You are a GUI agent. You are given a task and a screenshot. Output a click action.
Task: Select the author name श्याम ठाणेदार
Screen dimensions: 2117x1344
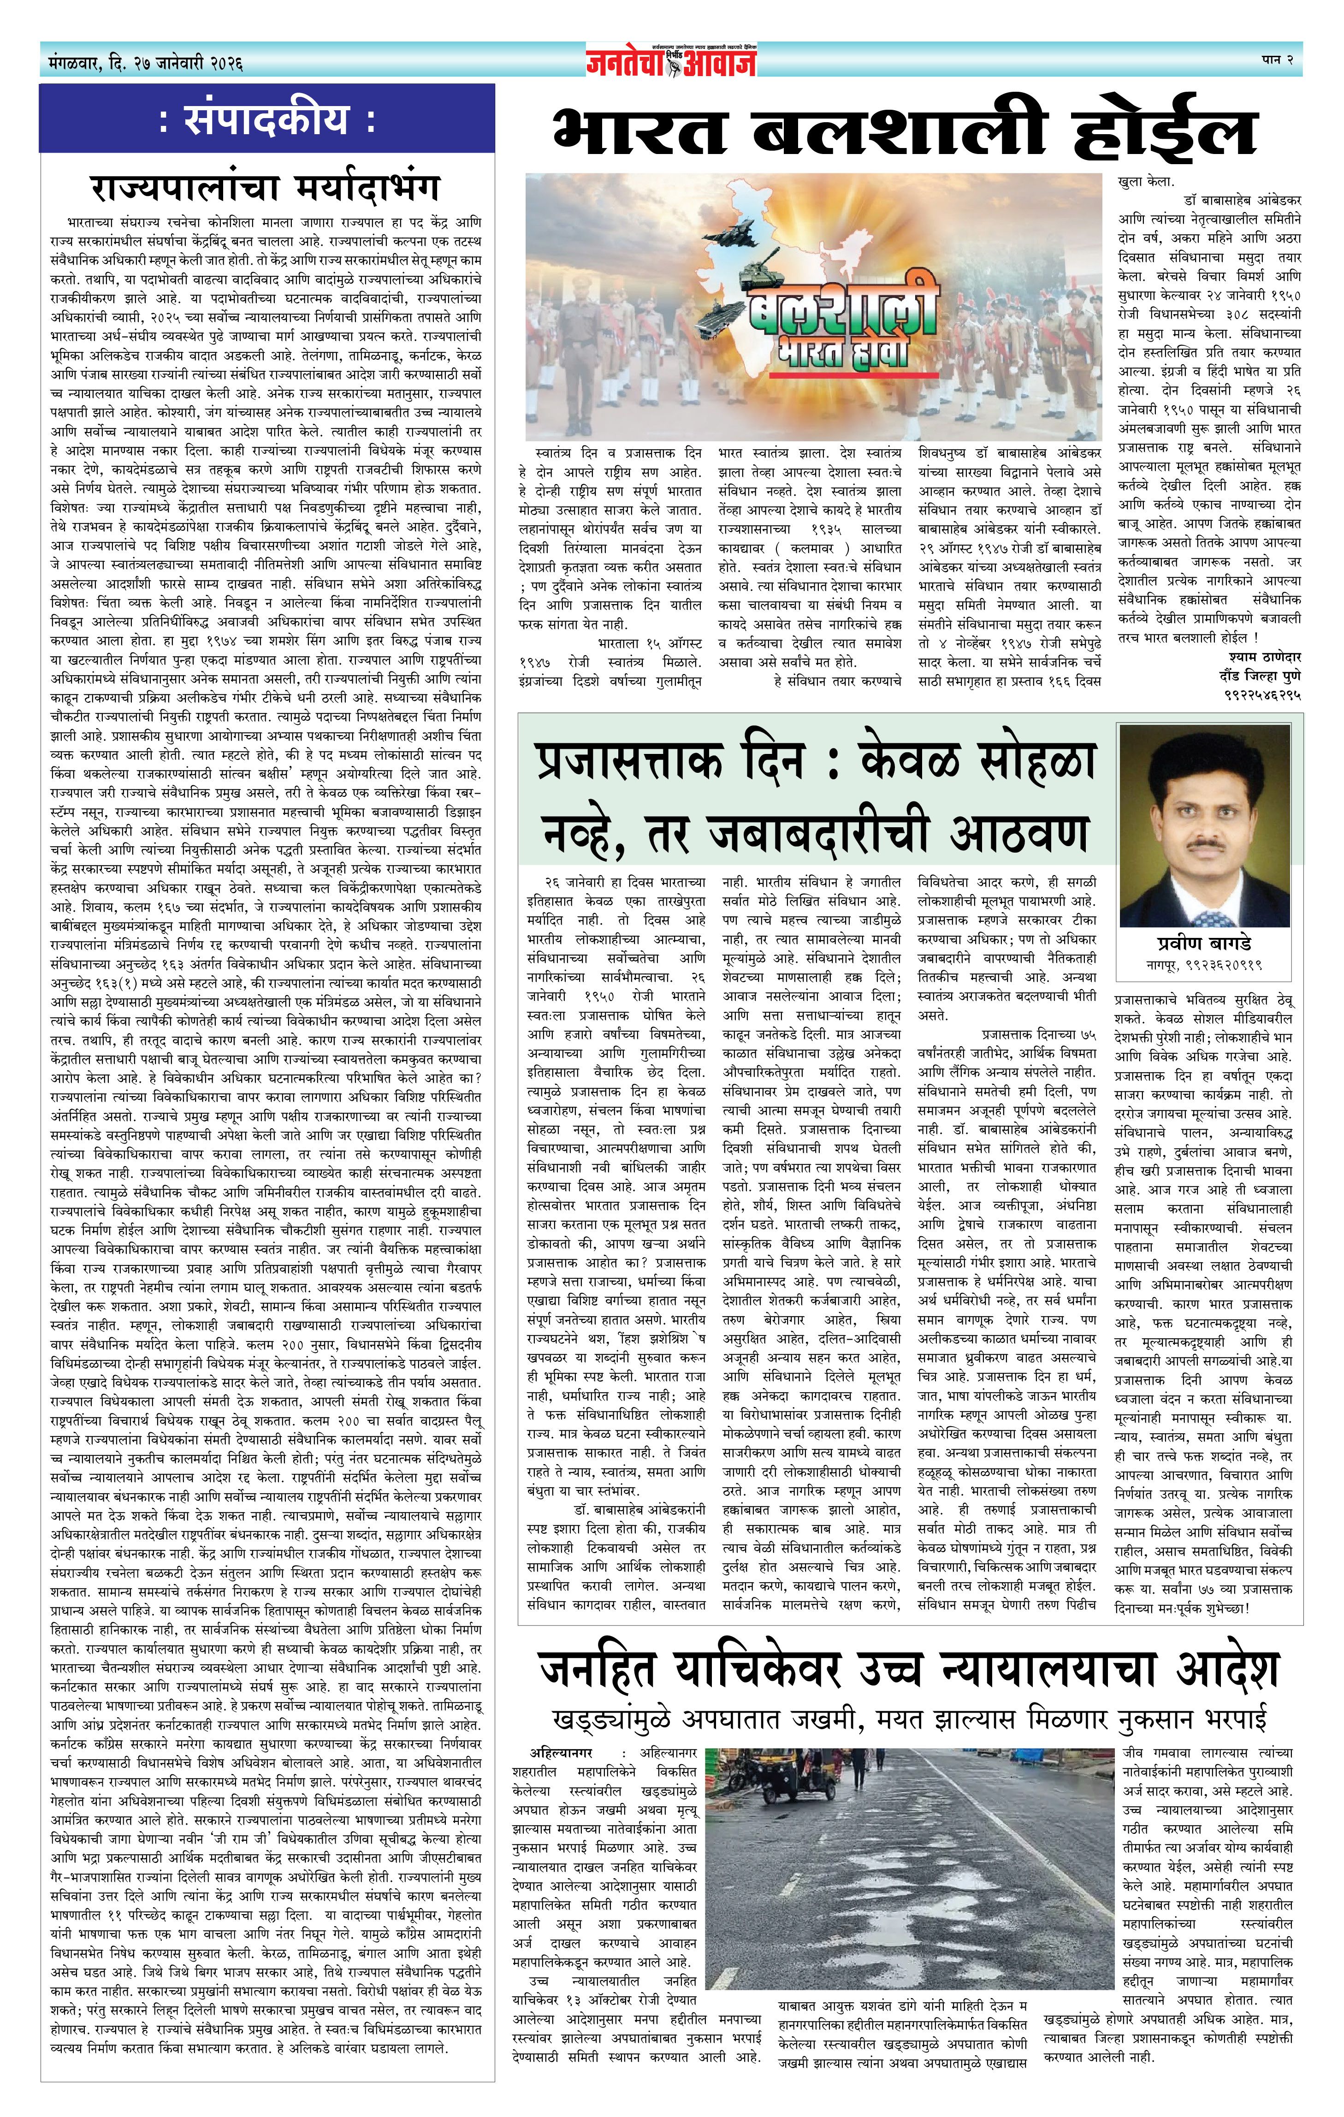click(x=1264, y=657)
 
